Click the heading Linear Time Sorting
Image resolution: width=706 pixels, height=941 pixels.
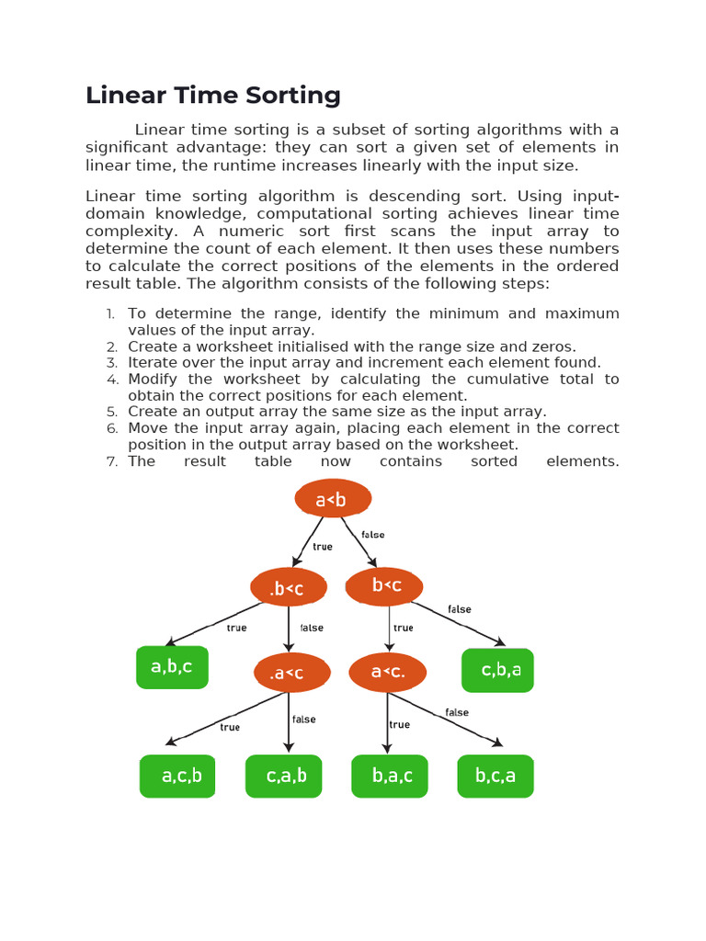tap(213, 96)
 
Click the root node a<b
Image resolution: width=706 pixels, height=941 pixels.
tap(333, 499)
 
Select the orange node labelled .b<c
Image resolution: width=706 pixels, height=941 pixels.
tap(289, 588)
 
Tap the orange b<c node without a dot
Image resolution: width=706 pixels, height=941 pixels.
tap(385, 586)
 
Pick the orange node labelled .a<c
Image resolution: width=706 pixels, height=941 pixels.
tap(291, 673)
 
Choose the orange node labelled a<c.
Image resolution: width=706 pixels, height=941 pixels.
tap(387, 672)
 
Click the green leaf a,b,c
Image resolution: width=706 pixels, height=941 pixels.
tap(172, 667)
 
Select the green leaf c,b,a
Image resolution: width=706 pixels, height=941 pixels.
tap(497, 670)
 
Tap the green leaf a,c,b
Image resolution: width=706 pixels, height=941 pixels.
tap(177, 777)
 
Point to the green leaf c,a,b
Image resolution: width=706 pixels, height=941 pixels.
tap(284, 777)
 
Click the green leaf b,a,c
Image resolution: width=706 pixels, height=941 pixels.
tap(390, 777)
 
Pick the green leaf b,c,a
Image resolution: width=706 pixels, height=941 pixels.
tap(495, 777)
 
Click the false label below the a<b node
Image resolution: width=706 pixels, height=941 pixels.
tap(373, 535)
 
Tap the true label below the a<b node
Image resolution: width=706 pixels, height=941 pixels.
tap(323, 547)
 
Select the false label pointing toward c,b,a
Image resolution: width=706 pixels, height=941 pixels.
tap(460, 609)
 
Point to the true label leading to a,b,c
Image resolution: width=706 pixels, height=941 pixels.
tap(236, 629)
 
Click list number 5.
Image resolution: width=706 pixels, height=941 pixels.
tap(112, 412)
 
